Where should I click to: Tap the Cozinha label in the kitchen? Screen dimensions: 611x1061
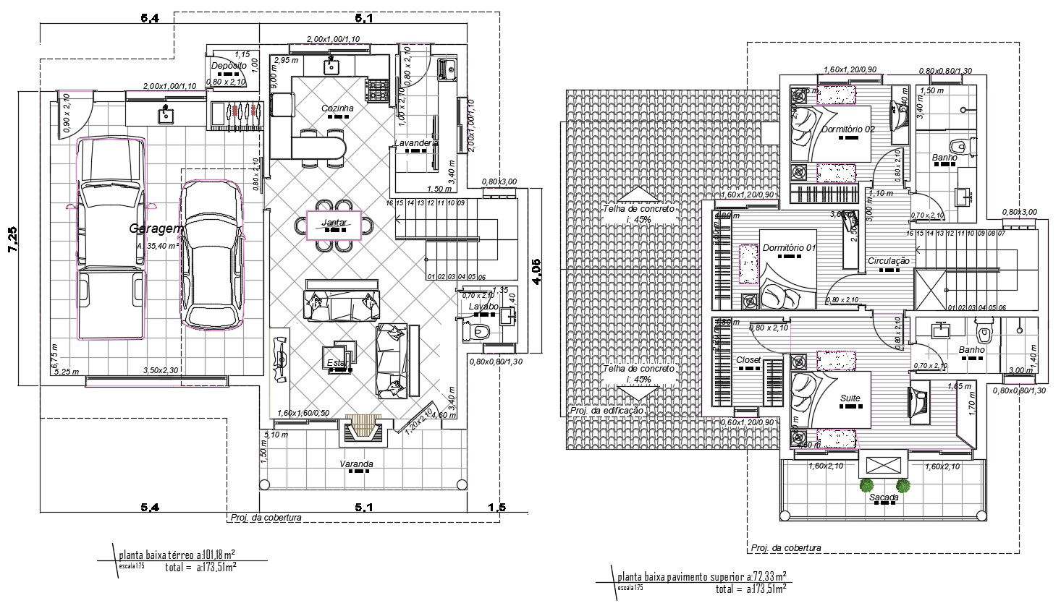tap(337, 108)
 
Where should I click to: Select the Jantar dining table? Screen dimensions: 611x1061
tap(334, 225)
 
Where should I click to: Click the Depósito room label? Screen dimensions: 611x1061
tap(227, 66)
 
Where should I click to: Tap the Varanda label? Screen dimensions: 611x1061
tap(356, 463)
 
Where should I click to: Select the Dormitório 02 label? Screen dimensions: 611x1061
tap(849, 129)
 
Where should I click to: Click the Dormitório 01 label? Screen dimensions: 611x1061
tap(789, 248)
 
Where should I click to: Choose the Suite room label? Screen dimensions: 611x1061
tap(850, 398)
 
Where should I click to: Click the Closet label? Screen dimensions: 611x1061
tap(748, 360)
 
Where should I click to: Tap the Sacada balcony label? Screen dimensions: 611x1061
tap(884, 497)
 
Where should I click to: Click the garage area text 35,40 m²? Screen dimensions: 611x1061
tap(157, 246)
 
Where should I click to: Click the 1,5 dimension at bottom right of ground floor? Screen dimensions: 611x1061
tap(497, 508)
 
